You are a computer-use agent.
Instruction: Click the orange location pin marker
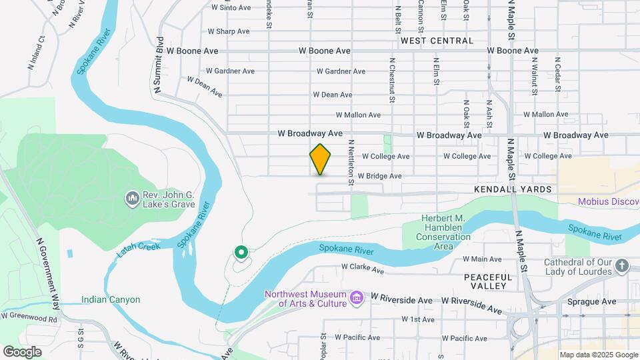click(321, 159)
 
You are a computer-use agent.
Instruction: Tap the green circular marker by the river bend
click(241, 253)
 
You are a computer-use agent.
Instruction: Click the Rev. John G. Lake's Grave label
click(168, 199)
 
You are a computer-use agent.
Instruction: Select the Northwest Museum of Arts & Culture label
click(305, 299)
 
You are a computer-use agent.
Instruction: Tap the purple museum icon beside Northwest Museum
click(357, 297)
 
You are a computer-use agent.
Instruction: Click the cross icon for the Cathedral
click(622, 267)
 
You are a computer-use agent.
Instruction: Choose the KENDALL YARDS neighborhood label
click(513, 189)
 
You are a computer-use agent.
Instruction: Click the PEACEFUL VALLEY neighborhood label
click(488, 281)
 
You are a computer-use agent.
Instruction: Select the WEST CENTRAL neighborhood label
click(437, 41)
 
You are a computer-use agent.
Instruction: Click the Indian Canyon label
click(111, 299)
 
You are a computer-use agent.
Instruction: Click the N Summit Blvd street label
click(159, 64)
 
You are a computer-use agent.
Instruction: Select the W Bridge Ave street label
click(379, 176)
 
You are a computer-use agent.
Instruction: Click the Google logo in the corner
click(22, 351)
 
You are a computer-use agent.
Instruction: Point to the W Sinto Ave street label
click(231, 8)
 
